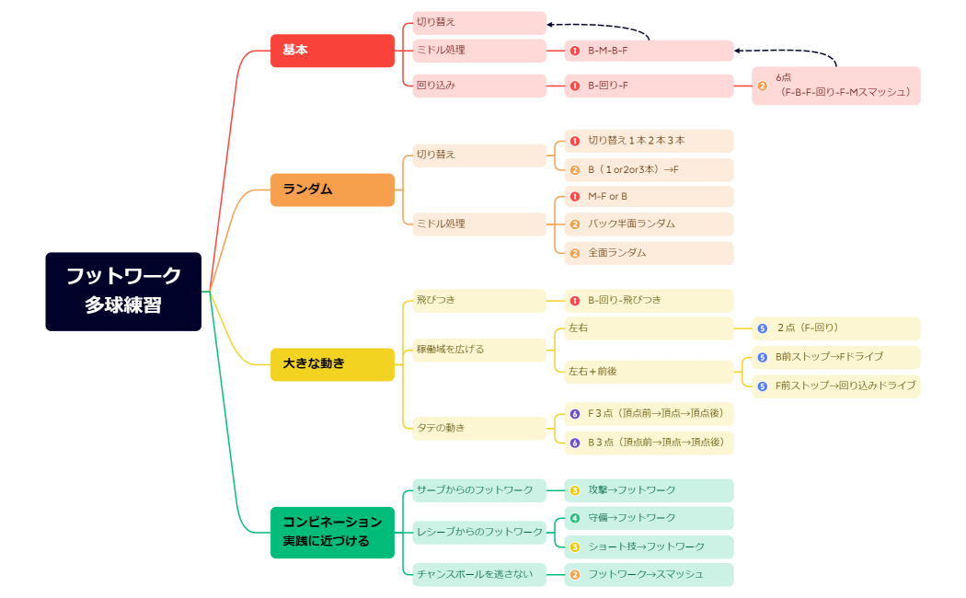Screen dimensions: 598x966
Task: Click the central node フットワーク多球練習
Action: [x=123, y=291]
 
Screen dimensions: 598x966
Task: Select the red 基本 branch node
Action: [x=332, y=50]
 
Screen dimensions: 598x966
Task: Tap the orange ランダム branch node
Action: [x=332, y=190]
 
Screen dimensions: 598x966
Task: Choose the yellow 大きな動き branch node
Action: [x=332, y=364]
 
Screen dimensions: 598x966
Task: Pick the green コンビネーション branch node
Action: [x=332, y=532]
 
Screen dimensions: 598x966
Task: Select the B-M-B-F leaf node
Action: [x=649, y=51]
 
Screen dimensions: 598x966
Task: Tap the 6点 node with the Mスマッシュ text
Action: [x=835, y=86]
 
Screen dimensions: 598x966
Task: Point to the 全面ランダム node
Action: [x=649, y=253]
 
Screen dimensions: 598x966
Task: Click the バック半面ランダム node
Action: [x=649, y=224]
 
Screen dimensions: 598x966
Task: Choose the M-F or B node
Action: [x=649, y=197]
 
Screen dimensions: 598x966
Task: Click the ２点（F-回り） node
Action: [x=835, y=328]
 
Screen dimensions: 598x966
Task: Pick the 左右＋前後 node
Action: [x=649, y=372]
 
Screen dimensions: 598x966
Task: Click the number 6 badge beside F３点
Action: [x=575, y=414]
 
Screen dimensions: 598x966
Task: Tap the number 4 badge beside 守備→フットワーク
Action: [x=575, y=518]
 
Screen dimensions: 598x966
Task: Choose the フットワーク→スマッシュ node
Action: [x=649, y=575]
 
